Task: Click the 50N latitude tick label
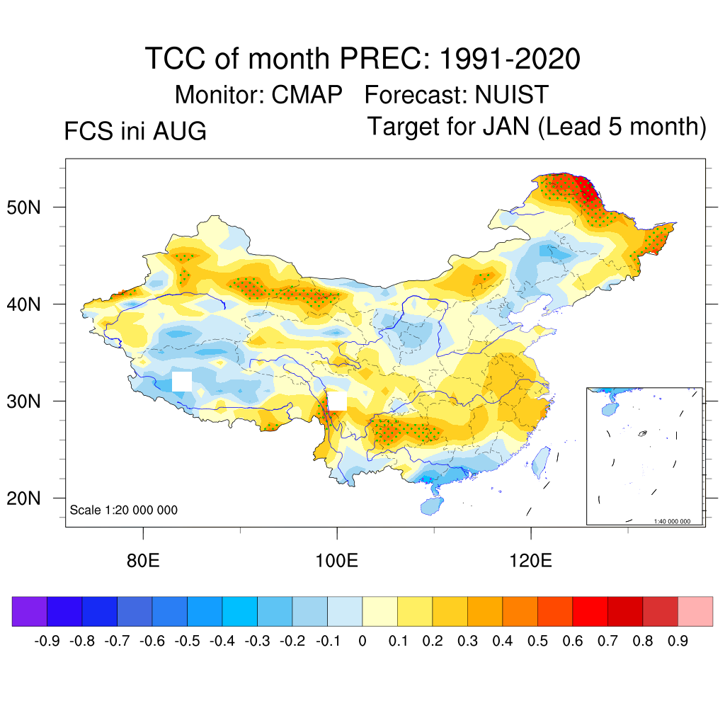coord(23,207)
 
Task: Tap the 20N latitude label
coord(23,498)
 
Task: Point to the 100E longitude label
coord(336,561)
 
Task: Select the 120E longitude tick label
coord(530,561)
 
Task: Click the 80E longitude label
coord(143,561)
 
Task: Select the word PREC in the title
coord(380,59)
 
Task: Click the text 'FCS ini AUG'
coord(135,131)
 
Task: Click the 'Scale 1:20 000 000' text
coord(123,510)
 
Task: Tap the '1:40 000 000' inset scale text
coord(672,521)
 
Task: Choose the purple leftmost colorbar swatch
coord(30,611)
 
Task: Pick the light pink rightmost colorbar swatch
coord(695,611)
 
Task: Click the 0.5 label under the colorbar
coord(537,641)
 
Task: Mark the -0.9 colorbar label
coord(47,641)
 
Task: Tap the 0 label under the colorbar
coord(362,641)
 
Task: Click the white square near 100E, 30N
coord(337,401)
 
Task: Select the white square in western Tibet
coord(182,382)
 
